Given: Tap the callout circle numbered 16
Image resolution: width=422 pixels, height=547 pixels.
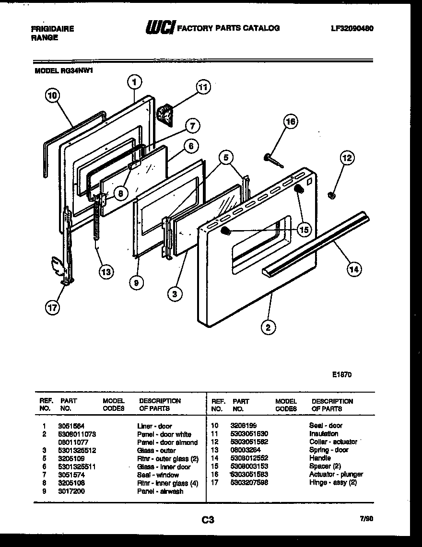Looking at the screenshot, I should tap(290, 121).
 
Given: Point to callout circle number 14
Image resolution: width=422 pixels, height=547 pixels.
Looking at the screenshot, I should tap(354, 269).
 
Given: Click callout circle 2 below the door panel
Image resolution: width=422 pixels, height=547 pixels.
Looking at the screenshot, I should tap(268, 328).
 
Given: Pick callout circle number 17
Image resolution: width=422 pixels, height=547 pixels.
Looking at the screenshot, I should tap(52, 308).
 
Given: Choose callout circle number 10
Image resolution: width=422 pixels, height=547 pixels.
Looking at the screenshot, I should tap(52, 95).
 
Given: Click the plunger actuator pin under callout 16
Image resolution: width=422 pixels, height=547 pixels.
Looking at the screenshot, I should tap(272, 161).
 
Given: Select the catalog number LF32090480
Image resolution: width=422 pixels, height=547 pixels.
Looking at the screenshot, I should tap(352, 28).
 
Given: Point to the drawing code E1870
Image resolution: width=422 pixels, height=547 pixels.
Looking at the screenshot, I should tap(341, 375).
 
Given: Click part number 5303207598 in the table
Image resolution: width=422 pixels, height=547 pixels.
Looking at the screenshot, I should tap(249, 482).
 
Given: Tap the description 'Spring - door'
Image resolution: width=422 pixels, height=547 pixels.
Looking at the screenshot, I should tap(329, 450).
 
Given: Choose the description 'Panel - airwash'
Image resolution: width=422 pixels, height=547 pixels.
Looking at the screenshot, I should tap(160, 491).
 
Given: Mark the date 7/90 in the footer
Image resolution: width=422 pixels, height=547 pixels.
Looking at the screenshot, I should tap(365, 518).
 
